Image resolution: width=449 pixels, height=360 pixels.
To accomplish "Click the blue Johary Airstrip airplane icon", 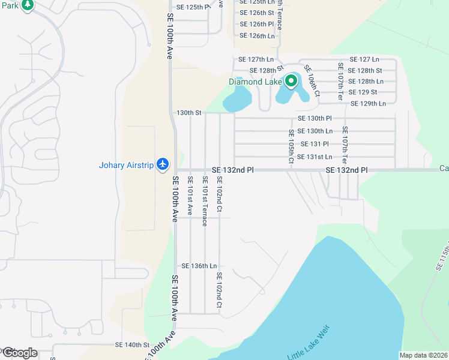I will tap(163, 164).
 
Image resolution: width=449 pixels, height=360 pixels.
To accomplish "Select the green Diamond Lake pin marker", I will tap(292, 81).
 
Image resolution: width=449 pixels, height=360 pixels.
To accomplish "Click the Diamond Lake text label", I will tap(255, 82).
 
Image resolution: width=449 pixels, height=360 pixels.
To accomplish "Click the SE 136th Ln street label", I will tap(199, 266).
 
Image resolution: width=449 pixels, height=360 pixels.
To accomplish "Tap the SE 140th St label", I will tap(132, 345).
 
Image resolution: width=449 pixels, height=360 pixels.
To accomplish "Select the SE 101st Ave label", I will tap(190, 196).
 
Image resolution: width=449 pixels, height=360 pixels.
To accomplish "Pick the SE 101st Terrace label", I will tap(205, 197).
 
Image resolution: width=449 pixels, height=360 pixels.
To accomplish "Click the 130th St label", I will tap(188, 112).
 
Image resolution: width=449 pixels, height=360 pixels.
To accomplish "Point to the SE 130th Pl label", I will tap(315, 118).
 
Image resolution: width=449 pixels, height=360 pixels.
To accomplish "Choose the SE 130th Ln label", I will tap(315, 131).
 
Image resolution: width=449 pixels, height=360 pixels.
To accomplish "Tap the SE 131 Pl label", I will tap(315, 144).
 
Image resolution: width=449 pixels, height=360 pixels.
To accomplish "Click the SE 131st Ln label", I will tap(315, 157).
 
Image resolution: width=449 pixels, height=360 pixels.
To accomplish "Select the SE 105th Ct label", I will tap(291, 146).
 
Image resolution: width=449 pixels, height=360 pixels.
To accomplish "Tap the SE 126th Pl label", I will tap(257, 24).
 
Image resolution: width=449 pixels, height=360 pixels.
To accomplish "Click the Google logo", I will tap(20, 353).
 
